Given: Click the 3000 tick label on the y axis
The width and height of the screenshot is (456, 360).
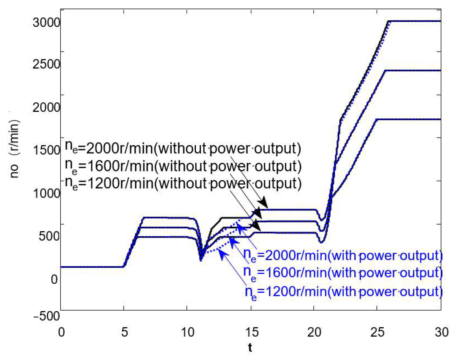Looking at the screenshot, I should click(x=46, y=22).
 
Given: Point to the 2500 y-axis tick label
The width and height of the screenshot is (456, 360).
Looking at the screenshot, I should click(x=46, y=64).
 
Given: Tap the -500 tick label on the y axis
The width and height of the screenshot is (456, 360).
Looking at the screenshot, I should click(x=46, y=316).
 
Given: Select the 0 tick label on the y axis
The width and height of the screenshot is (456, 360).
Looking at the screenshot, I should click(x=54, y=280).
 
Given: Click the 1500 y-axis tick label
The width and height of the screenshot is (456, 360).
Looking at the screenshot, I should click(x=46, y=150).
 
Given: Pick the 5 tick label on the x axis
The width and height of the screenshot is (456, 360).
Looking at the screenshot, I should click(x=124, y=332).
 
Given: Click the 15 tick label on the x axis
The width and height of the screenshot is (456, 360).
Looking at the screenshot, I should click(x=252, y=332).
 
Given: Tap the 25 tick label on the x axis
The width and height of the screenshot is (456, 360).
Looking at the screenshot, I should click(x=377, y=332).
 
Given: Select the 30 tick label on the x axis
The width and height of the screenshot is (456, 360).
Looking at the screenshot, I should click(x=442, y=332).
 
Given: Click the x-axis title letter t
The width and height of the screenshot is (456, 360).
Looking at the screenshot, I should click(x=250, y=347).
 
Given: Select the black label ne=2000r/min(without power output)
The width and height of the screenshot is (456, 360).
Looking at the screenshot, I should click(x=183, y=148).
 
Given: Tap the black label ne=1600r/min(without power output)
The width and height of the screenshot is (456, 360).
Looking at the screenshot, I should click(x=183, y=166).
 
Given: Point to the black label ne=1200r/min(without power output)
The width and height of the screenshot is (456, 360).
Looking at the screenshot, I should click(x=183, y=184).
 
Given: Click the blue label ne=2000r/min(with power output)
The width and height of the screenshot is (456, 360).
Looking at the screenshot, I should click(x=343, y=256).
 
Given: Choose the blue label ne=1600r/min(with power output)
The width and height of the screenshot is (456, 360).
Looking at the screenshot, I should click(x=343, y=273).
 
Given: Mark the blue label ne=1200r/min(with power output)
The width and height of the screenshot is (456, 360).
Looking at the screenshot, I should click(x=344, y=292).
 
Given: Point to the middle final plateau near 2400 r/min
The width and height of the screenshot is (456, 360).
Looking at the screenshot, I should click(x=413, y=71).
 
